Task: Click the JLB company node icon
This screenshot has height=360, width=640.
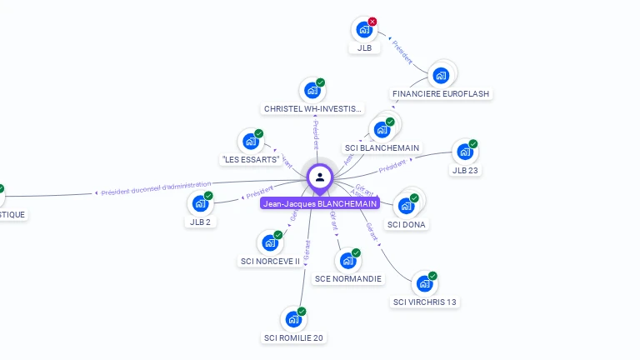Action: click(x=364, y=30)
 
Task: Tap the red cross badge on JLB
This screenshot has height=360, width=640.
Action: click(x=372, y=22)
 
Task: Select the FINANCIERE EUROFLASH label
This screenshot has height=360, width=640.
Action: click(x=441, y=94)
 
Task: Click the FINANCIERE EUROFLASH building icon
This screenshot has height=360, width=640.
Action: click(x=440, y=76)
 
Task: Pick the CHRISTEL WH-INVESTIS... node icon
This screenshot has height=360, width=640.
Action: click(x=312, y=90)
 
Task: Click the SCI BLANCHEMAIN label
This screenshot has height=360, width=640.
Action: click(x=382, y=147)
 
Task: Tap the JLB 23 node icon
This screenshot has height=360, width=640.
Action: click(x=464, y=152)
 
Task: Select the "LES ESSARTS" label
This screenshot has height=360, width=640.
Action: click(x=250, y=159)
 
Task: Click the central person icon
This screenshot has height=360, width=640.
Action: click(x=320, y=177)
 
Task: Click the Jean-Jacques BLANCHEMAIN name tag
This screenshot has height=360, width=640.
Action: click(x=320, y=203)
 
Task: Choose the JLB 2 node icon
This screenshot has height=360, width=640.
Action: click(x=200, y=203)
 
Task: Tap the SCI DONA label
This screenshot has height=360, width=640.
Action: click(x=407, y=224)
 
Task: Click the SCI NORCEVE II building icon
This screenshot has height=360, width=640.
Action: click(x=269, y=242)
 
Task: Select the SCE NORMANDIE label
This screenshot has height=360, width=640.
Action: click(x=348, y=278)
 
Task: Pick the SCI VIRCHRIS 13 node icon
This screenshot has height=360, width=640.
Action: click(x=424, y=283)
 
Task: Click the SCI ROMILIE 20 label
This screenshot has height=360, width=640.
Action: click(x=293, y=337)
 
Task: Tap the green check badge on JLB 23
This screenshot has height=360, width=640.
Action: click(x=472, y=144)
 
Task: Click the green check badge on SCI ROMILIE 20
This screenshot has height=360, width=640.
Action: click(x=302, y=312)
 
